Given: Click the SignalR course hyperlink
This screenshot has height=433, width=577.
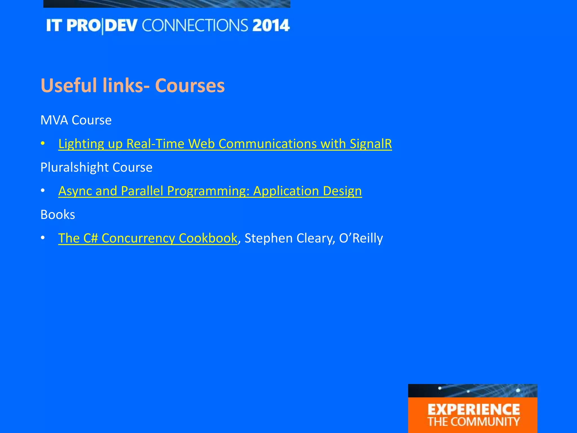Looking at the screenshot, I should [x=225, y=144].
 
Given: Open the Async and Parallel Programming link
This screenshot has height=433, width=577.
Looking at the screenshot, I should [x=210, y=191].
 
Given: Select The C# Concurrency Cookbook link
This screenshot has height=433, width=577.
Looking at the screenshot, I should [x=148, y=238].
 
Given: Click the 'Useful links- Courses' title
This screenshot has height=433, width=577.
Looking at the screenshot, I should [x=132, y=85].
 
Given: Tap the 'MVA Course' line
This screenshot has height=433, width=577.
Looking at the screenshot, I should [x=76, y=120].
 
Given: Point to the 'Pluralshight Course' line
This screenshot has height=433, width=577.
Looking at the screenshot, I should [x=96, y=167].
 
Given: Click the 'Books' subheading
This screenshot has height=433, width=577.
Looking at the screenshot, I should [x=58, y=215].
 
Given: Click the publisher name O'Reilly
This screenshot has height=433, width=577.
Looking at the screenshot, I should [x=361, y=238].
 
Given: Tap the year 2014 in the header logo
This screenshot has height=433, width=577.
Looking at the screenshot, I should [x=271, y=26].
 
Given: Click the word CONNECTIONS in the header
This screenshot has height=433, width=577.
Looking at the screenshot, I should [x=195, y=26].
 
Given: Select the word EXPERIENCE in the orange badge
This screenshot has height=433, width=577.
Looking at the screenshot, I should [x=474, y=410].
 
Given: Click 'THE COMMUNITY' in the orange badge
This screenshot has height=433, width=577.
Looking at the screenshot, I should [x=474, y=422].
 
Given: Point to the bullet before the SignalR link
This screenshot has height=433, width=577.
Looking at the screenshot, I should [x=43, y=144].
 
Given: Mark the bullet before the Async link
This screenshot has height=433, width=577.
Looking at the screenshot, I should [x=43, y=191].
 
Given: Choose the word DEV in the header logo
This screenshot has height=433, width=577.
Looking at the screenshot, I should [x=123, y=26].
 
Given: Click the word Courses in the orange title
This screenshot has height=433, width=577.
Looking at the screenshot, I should [x=190, y=85].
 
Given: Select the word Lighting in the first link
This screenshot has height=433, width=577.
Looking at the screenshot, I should [x=81, y=144].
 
